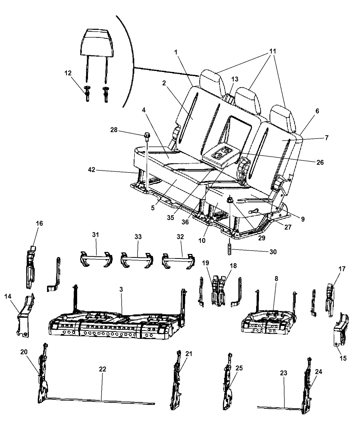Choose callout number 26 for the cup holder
pyautogui.click(x=320, y=162)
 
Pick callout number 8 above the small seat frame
pyautogui.click(x=276, y=278)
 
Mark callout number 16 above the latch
pyautogui.click(x=39, y=223)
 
